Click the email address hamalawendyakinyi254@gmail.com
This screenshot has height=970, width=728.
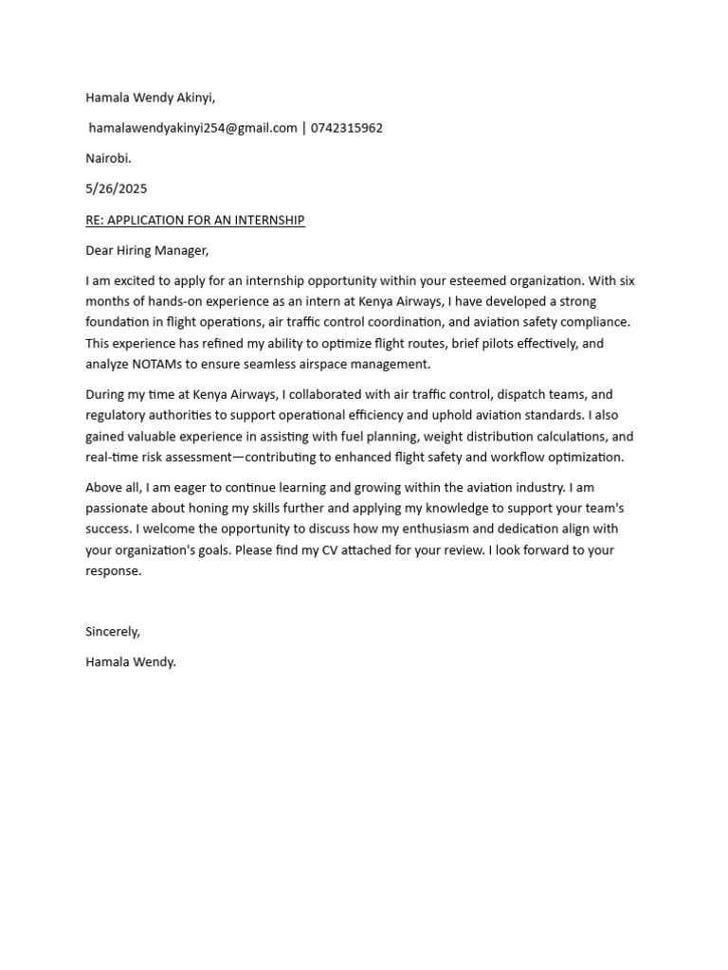tap(192, 128)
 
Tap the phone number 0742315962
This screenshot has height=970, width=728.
tap(346, 128)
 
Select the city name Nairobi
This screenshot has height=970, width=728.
tap(108, 158)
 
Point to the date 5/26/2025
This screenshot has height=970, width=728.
tap(116, 189)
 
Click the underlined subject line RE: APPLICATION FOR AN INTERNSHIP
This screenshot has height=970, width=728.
tap(194, 220)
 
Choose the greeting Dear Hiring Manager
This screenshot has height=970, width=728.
tap(146, 250)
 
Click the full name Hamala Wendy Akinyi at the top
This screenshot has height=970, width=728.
tap(150, 97)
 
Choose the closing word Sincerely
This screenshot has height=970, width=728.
tap(112, 631)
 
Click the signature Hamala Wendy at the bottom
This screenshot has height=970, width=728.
tap(130, 662)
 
